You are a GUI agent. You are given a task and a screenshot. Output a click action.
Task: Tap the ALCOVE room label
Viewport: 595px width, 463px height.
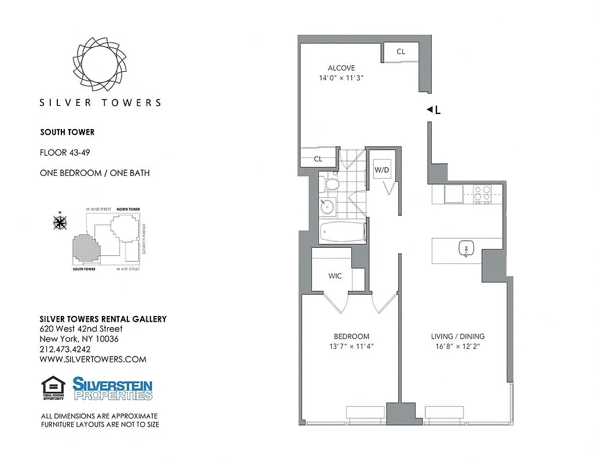(341, 68)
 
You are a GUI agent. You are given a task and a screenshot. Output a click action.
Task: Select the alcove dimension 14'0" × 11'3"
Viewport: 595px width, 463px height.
(341, 78)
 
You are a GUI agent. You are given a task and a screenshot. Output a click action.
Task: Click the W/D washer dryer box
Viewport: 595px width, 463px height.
(381, 170)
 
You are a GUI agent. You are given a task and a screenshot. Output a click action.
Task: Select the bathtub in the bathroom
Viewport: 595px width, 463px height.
(343, 233)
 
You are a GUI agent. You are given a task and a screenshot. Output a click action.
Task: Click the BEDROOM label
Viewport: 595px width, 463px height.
(351, 336)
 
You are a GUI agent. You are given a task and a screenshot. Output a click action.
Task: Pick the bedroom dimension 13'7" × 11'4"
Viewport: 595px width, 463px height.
(351, 347)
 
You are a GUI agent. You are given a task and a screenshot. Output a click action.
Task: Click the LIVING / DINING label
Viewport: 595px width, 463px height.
(457, 336)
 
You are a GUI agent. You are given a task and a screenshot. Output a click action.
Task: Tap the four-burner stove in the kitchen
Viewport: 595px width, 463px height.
(482, 193)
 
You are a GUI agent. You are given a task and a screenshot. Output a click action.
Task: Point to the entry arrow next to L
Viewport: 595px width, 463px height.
(429, 109)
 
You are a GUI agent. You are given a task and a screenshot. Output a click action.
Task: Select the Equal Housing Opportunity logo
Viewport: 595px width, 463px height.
(53, 388)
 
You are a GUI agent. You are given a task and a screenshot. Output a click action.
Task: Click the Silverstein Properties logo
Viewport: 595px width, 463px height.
(112, 388)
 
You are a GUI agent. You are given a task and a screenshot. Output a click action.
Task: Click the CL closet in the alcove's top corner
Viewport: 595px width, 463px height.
(401, 52)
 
